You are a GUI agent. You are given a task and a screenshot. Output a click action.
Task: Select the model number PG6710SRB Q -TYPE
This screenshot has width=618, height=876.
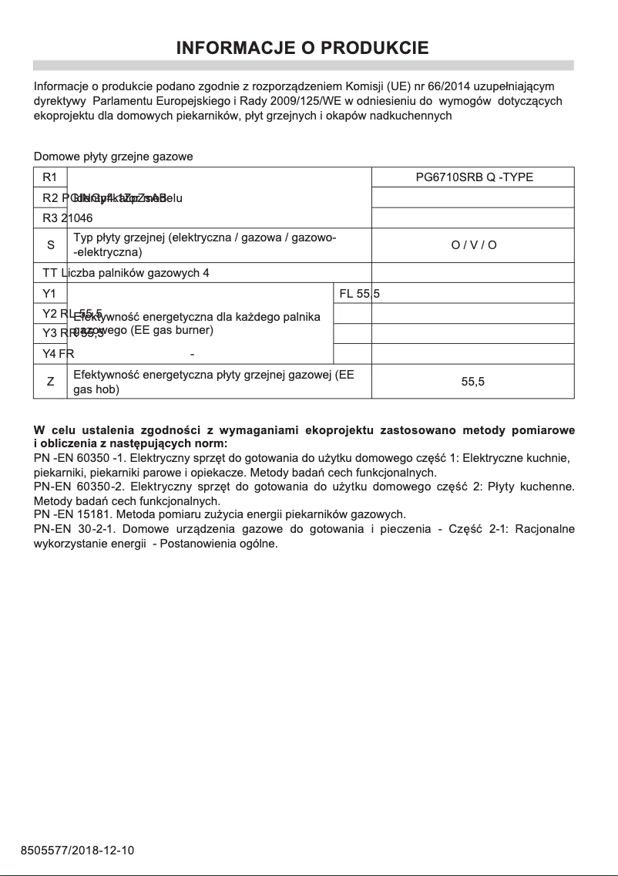(474, 177)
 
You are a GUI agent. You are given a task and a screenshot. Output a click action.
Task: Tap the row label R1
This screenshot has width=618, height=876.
(50, 177)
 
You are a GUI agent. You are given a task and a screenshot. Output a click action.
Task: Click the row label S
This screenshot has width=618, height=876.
(51, 245)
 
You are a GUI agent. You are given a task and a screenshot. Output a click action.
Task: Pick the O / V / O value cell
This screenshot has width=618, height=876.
(474, 245)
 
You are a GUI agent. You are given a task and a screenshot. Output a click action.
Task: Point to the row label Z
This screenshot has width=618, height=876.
(51, 382)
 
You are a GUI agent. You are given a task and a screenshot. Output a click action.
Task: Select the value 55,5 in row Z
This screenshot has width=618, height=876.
(473, 382)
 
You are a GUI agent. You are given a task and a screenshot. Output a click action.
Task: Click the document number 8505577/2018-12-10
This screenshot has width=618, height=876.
(77, 851)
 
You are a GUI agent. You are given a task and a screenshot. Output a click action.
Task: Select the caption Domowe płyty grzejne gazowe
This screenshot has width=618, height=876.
(113, 157)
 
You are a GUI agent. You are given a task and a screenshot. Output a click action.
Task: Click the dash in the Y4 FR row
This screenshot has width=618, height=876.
(192, 355)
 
